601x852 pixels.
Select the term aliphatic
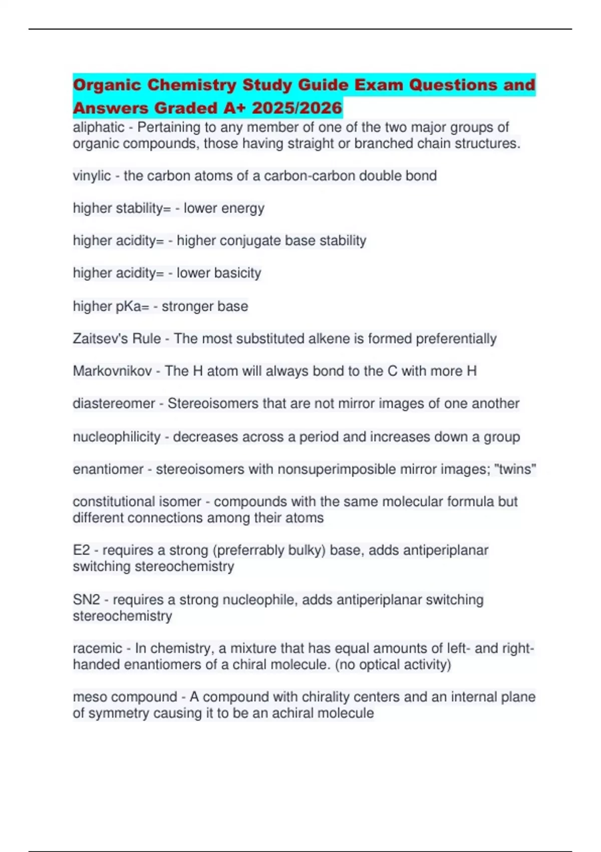point(98,127)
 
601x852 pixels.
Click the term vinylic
point(92,176)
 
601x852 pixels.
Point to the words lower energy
point(224,208)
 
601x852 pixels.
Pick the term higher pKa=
point(111,306)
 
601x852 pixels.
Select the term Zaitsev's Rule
point(117,339)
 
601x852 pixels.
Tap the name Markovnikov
point(112,371)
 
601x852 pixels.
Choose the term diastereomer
point(114,403)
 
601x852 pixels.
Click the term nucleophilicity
point(116,437)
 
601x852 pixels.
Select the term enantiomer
point(108,469)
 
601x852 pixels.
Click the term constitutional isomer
point(137,502)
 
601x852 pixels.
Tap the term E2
point(81,550)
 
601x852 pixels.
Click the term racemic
point(97,649)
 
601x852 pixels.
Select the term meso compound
point(125,697)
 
